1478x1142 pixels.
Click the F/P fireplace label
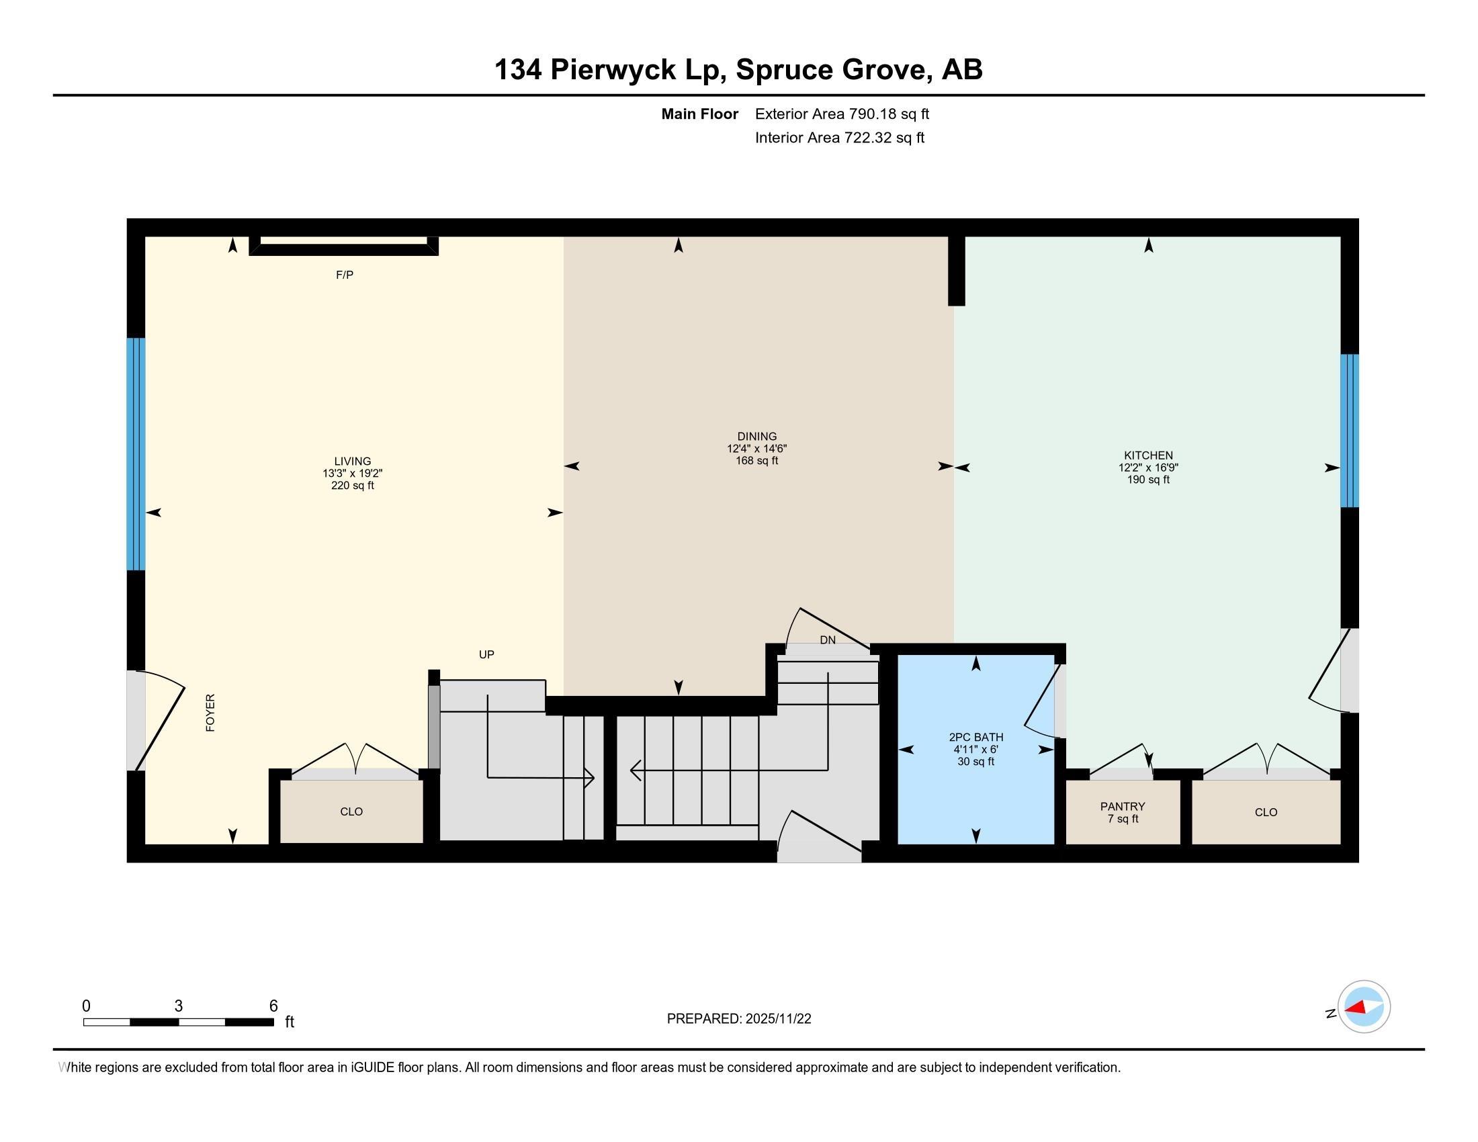click(345, 275)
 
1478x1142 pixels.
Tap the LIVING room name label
click(352, 462)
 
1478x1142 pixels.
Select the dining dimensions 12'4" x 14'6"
click(756, 449)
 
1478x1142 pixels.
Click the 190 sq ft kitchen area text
click(1147, 480)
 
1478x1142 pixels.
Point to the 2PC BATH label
click(975, 738)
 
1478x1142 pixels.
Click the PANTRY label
click(1122, 806)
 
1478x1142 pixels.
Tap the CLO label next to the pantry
click(1266, 812)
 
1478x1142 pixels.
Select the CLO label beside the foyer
click(351, 811)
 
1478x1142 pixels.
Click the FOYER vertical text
click(210, 712)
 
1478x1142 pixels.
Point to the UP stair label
click(486, 654)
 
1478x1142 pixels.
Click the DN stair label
click(827, 640)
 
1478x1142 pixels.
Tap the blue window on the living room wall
click(136, 454)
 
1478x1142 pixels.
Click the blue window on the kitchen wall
click(1350, 431)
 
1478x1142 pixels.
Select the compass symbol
click(1363, 1007)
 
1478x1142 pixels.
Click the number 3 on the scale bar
click(178, 1006)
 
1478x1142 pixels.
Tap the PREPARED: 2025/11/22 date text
click(738, 1019)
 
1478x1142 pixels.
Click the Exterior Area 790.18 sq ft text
click(841, 114)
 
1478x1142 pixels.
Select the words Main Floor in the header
click(699, 114)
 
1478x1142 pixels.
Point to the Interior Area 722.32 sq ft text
click(839, 138)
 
